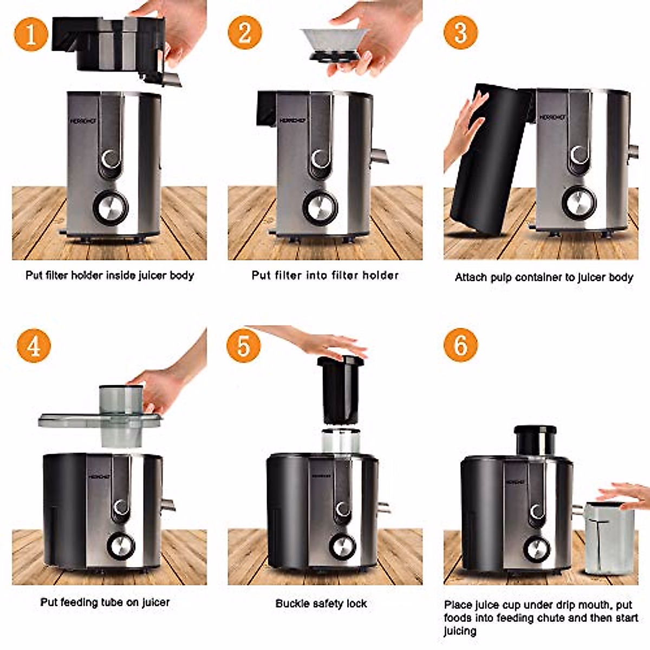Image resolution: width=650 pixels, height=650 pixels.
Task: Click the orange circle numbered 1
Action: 31,34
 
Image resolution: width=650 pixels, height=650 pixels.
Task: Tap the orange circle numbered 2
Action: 245,32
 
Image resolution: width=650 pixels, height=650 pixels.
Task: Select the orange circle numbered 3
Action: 460,32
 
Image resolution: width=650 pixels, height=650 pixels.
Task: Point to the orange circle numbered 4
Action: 34,346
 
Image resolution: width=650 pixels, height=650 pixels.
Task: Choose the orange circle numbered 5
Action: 243,345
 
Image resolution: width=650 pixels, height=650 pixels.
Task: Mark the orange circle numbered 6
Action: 460,345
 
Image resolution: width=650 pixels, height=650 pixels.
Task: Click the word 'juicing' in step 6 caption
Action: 460,631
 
